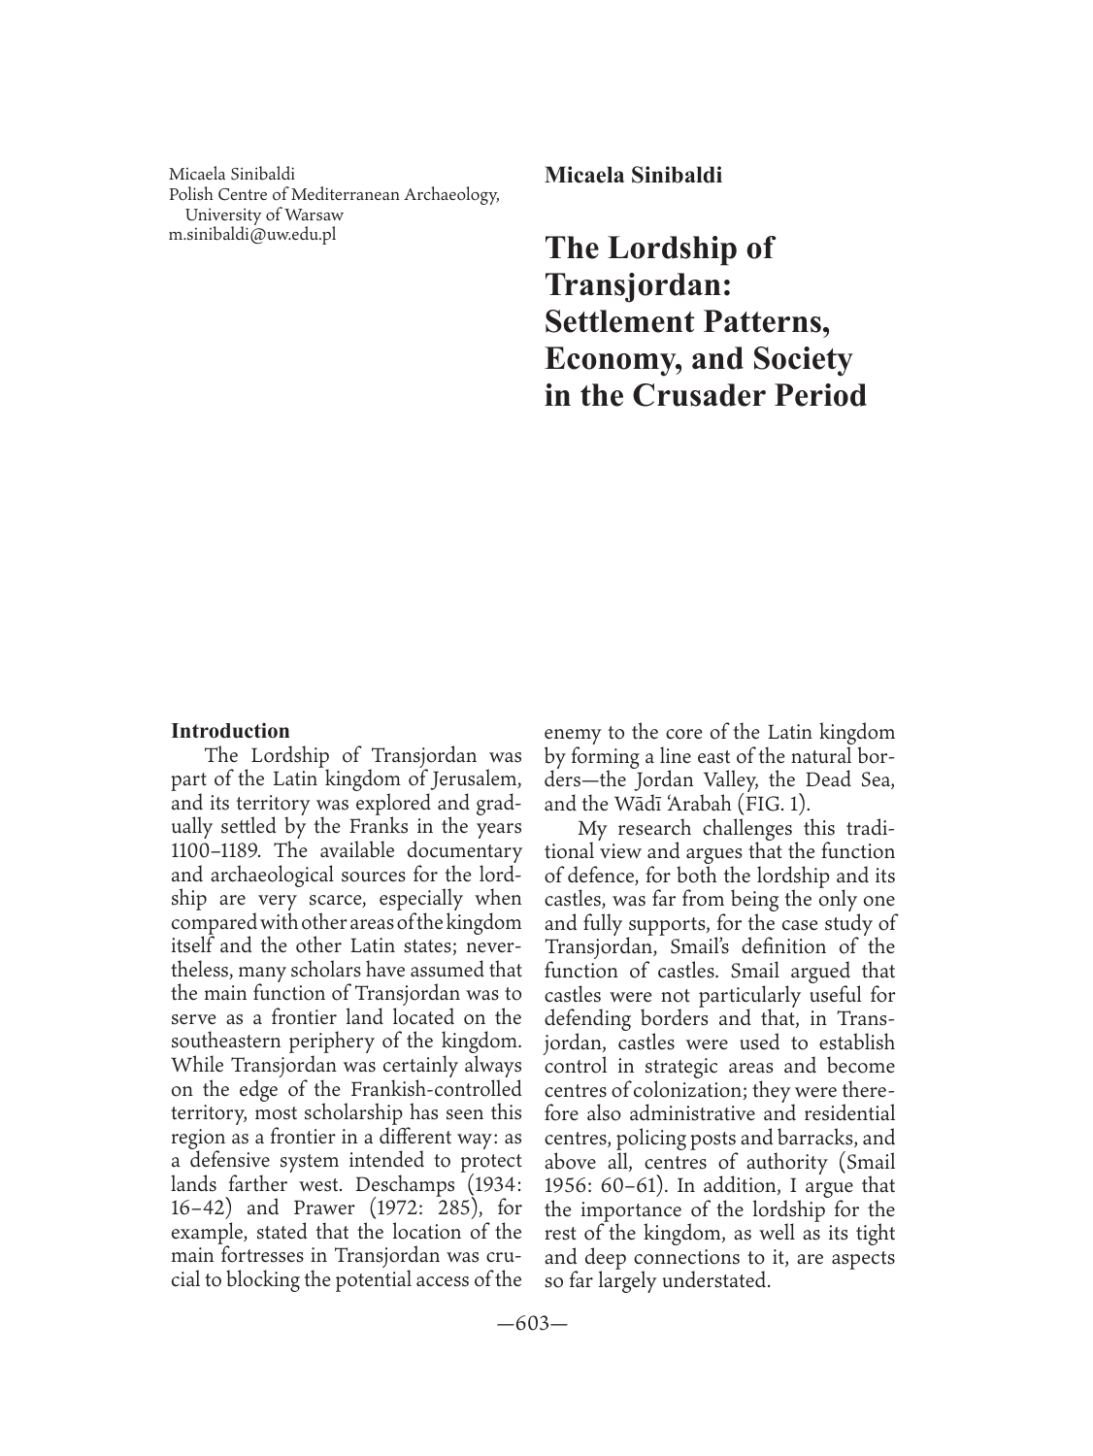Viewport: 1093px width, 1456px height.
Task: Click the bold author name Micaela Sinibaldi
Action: point(633,176)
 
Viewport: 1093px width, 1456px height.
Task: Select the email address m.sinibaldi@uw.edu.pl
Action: point(251,233)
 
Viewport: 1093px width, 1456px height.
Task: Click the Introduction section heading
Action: point(230,731)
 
